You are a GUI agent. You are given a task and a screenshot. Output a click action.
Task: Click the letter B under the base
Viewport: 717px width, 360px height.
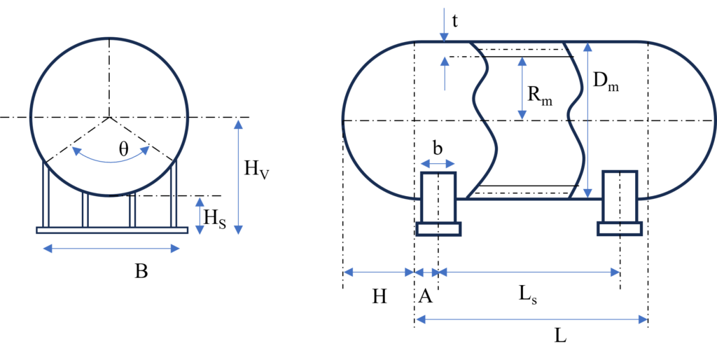coord(141,271)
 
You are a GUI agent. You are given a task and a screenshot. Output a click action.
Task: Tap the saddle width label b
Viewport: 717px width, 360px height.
coord(438,149)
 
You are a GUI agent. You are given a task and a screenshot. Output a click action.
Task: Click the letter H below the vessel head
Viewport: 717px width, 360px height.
coord(379,298)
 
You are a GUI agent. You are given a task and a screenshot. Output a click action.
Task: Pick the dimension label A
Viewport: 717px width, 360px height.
coord(425,298)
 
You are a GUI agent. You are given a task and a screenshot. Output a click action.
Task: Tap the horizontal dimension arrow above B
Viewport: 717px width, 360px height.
coord(111,249)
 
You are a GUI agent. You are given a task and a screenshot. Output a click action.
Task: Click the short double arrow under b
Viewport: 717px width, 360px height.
coord(438,164)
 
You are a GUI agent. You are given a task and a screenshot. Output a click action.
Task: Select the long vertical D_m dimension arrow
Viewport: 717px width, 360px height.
coord(587,120)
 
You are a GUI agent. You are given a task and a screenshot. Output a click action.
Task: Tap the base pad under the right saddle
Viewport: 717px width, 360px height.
coord(620,229)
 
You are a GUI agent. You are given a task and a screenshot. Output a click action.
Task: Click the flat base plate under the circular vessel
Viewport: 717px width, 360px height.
coord(112,230)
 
